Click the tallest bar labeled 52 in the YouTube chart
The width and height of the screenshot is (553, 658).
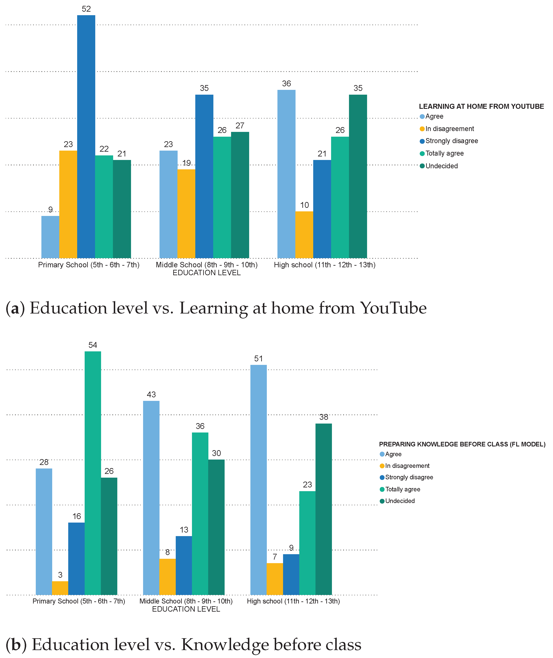[86, 136]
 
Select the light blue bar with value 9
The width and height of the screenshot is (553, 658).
[50, 237]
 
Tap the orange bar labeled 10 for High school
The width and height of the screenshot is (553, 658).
[304, 235]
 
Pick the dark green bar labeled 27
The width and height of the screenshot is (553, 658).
[240, 195]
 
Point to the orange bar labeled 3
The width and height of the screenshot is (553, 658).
[60, 588]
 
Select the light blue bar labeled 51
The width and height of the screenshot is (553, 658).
[259, 480]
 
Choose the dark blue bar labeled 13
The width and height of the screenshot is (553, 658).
[184, 565]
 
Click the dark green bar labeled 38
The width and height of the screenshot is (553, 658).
[324, 509]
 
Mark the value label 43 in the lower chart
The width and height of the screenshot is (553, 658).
[151, 395]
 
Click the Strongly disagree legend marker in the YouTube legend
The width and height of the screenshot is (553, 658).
[422, 141]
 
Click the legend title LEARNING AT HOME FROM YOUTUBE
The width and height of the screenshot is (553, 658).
[481, 106]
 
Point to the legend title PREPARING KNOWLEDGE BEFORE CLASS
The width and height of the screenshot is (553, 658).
[462, 444]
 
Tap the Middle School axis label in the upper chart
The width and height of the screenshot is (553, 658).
[207, 265]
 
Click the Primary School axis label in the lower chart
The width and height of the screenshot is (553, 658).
[79, 601]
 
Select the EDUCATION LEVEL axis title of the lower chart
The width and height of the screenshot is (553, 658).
[186, 609]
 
